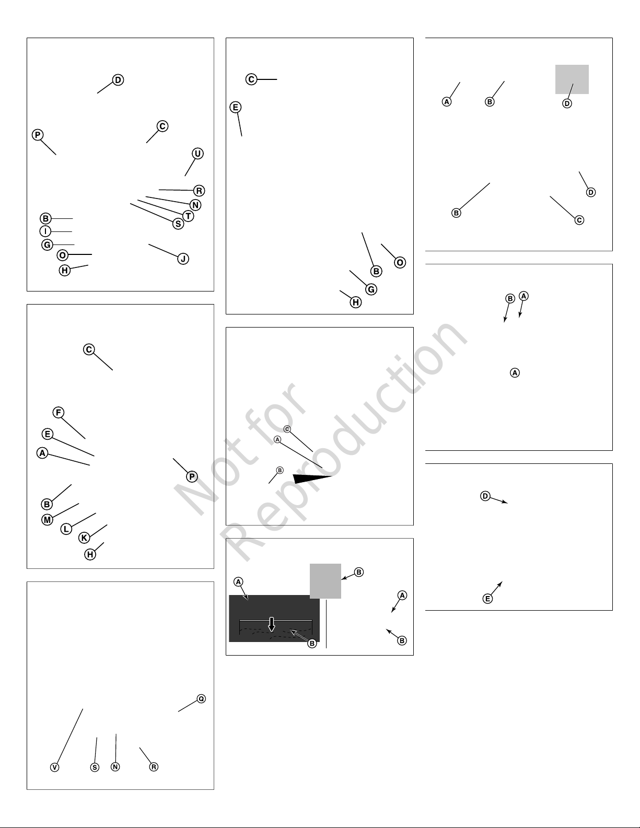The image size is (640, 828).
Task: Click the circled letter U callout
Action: tap(197, 154)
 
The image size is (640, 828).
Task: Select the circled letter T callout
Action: tap(188, 216)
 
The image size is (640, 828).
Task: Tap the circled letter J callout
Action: tap(183, 259)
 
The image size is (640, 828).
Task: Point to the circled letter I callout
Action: tap(45, 231)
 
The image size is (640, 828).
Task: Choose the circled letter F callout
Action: tap(59, 412)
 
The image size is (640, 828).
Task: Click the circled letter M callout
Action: tap(47, 520)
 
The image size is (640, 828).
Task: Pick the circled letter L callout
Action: tap(66, 529)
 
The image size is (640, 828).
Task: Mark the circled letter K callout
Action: tap(84, 538)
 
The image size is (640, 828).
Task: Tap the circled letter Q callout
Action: tap(201, 698)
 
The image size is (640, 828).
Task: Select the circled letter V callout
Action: tap(54, 767)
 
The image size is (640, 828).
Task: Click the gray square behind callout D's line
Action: tap(572, 79)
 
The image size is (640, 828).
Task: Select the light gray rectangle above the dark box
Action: tap(325, 581)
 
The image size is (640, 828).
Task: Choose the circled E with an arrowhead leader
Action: tap(487, 599)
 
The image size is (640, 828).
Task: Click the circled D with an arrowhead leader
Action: tap(485, 496)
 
